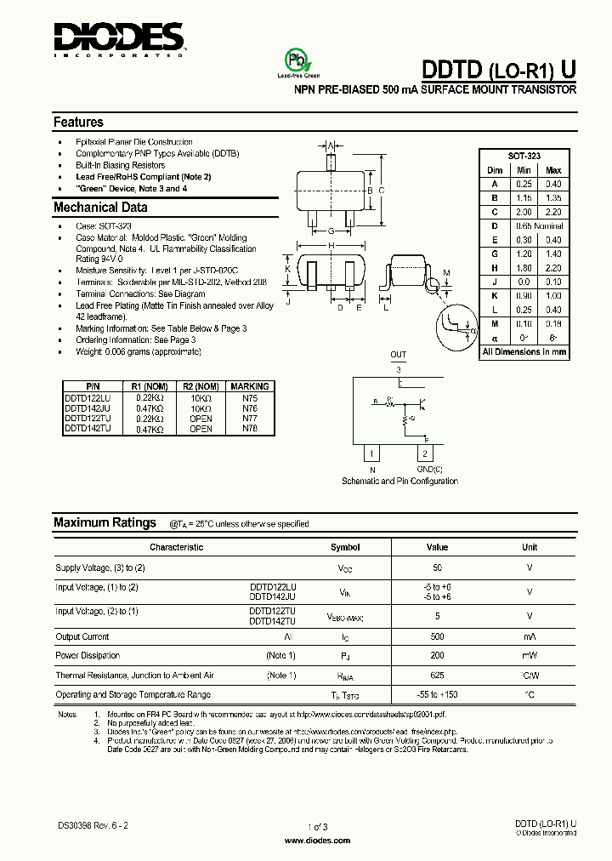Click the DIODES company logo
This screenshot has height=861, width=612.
(118, 38)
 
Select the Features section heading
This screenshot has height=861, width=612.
(78, 122)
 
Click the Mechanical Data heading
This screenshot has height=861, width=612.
(100, 207)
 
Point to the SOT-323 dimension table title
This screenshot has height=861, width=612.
(524, 157)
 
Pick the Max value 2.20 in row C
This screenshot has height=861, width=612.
(553, 211)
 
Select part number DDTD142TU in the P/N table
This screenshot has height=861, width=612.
(88, 430)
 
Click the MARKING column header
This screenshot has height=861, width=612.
(249, 386)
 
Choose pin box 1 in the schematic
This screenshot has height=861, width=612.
(372, 454)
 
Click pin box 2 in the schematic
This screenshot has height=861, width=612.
(426, 454)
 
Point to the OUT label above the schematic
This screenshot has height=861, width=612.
(399, 355)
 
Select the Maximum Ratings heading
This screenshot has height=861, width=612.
(105, 522)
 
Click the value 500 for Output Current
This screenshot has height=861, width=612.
(437, 636)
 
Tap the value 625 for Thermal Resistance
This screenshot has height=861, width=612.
(437, 676)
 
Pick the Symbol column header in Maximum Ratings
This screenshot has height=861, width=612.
(345, 548)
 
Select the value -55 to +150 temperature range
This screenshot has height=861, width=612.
(437, 695)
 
